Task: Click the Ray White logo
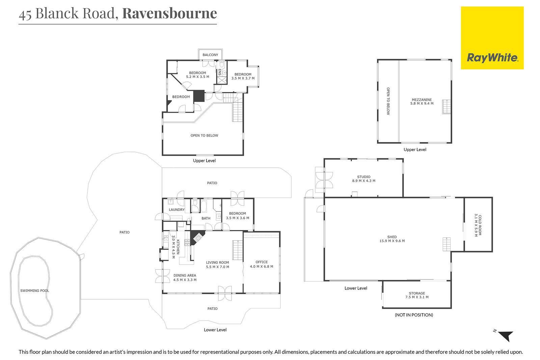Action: click(x=492, y=38)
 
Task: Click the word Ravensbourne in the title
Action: click(x=170, y=13)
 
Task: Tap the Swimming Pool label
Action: click(x=35, y=290)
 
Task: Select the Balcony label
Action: click(x=210, y=55)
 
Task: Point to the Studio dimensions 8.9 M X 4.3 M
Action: click(x=363, y=181)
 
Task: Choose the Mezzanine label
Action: click(x=422, y=100)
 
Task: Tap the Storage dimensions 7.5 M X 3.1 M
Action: click(x=417, y=297)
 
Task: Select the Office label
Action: click(x=262, y=262)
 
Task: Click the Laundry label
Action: click(x=177, y=210)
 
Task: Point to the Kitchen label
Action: click(x=178, y=247)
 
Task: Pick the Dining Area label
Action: click(x=185, y=275)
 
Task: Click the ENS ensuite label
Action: click(x=220, y=72)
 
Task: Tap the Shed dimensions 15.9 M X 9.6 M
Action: click(x=392, y=241)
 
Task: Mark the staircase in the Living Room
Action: click(x=238, y=250)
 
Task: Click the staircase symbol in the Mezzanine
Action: click(x=447, y=107)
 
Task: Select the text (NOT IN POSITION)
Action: click(x=414, y=315)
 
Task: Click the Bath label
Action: click(x=206, y=218)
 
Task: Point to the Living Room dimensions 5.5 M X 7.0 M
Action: click(x=217, y=267)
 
